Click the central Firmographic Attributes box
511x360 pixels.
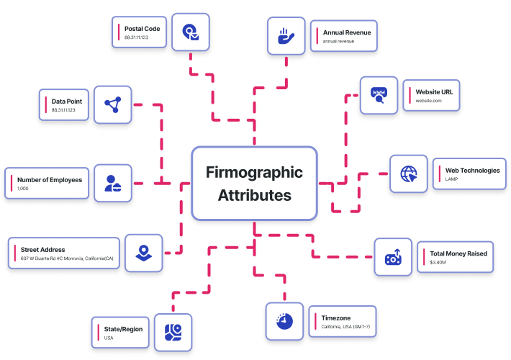point(255,184)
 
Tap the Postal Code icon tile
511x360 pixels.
point(191,32)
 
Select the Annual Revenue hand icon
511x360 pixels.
point(286,36)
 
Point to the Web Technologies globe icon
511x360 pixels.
point(409,174)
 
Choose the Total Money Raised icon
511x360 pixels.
point(393,257)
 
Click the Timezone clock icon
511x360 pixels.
point(284,320)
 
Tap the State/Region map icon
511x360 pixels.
point(173,332)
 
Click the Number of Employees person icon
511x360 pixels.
point(113,184)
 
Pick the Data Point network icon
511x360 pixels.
point(113,106)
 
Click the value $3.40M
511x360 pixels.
point(438,263)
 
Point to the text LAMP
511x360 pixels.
point(452,179)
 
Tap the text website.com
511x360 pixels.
point(428,102)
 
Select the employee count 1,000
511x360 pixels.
point(24,189)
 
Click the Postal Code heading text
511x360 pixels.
point(142,29)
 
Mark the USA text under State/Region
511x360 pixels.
point(109,338)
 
